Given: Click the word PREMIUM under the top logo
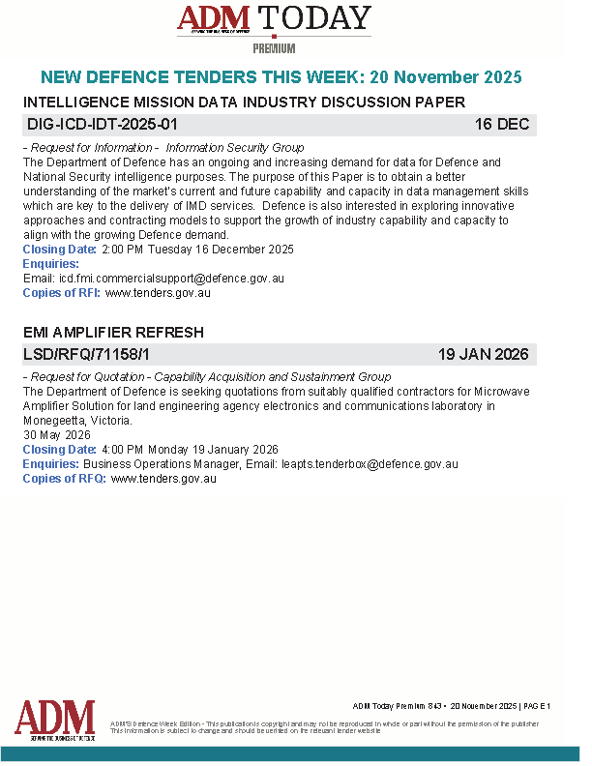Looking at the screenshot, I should point(274,48).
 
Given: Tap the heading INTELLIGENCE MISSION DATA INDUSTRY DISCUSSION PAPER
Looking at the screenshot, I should point(244,102).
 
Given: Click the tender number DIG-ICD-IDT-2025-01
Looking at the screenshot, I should point(101,125).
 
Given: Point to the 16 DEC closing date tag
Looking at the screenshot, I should point(502,125).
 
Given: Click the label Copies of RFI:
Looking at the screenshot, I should point(62,292).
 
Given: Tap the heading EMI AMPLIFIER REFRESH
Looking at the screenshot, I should point(113,332).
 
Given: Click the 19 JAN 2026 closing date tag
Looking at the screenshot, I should point(483,355).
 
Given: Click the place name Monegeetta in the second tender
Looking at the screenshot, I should point(57,422).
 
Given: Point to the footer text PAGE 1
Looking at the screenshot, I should point(536,706).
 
